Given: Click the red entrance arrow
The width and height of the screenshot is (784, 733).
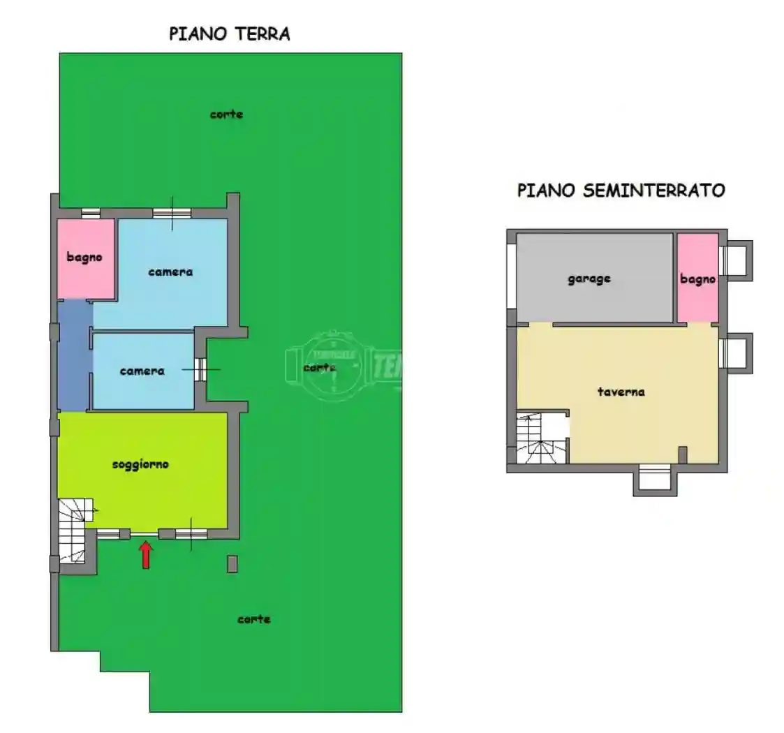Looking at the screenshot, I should [x=146, y=556].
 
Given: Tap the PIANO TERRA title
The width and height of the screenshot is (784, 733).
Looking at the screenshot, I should [x=230, y=34].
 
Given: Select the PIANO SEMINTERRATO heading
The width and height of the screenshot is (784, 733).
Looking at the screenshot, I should [x=621, y=190].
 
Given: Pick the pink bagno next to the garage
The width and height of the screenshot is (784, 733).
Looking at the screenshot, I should [x=697, y=278].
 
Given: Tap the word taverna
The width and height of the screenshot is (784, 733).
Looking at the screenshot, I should [x=621, y=392].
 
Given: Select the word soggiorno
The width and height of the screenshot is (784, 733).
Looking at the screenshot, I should [x=140, y=464].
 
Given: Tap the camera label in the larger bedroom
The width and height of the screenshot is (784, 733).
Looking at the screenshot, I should [x=170, y=272].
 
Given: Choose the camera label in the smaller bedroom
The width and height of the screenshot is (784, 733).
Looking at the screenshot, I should [x=142, y=371].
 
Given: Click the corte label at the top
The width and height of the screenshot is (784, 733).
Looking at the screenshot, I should [x=226, y=114].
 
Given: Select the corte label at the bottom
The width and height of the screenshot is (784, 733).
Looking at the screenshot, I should [x=253, y=619].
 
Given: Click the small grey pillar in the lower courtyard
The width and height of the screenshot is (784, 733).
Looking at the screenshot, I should [x=232, y=563].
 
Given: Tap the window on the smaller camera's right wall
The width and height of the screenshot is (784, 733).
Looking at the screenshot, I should [x=199, y=369].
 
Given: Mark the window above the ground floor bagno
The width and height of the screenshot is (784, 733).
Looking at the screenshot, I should [x=90, y=213].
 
